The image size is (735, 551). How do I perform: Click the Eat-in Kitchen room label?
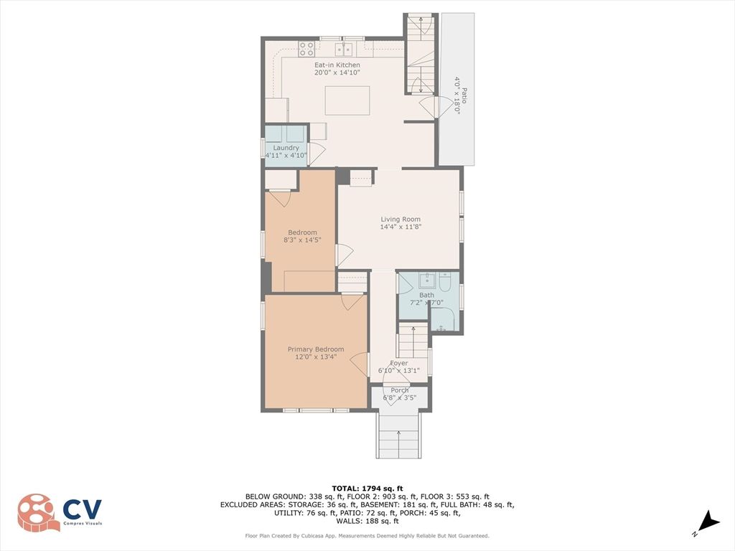(x=337, y=65)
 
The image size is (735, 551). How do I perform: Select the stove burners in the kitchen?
(x=306, y=49)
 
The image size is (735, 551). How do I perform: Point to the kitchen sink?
(x=345, y=49)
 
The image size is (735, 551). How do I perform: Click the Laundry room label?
(x=286, y=148)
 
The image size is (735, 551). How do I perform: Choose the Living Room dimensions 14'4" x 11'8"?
(x=401, y=227)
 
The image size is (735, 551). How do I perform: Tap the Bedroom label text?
(x=302, y=232)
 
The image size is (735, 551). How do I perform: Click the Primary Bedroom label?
(x=316, y=349)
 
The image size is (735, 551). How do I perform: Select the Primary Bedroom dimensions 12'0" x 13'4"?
(x=316, y=357)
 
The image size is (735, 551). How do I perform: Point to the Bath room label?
(x=426, y=295)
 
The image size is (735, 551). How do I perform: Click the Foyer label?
(x=399, y=363)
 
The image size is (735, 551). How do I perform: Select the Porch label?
(x=399, y=390)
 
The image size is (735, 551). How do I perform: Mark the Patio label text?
(x=464, y=96)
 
